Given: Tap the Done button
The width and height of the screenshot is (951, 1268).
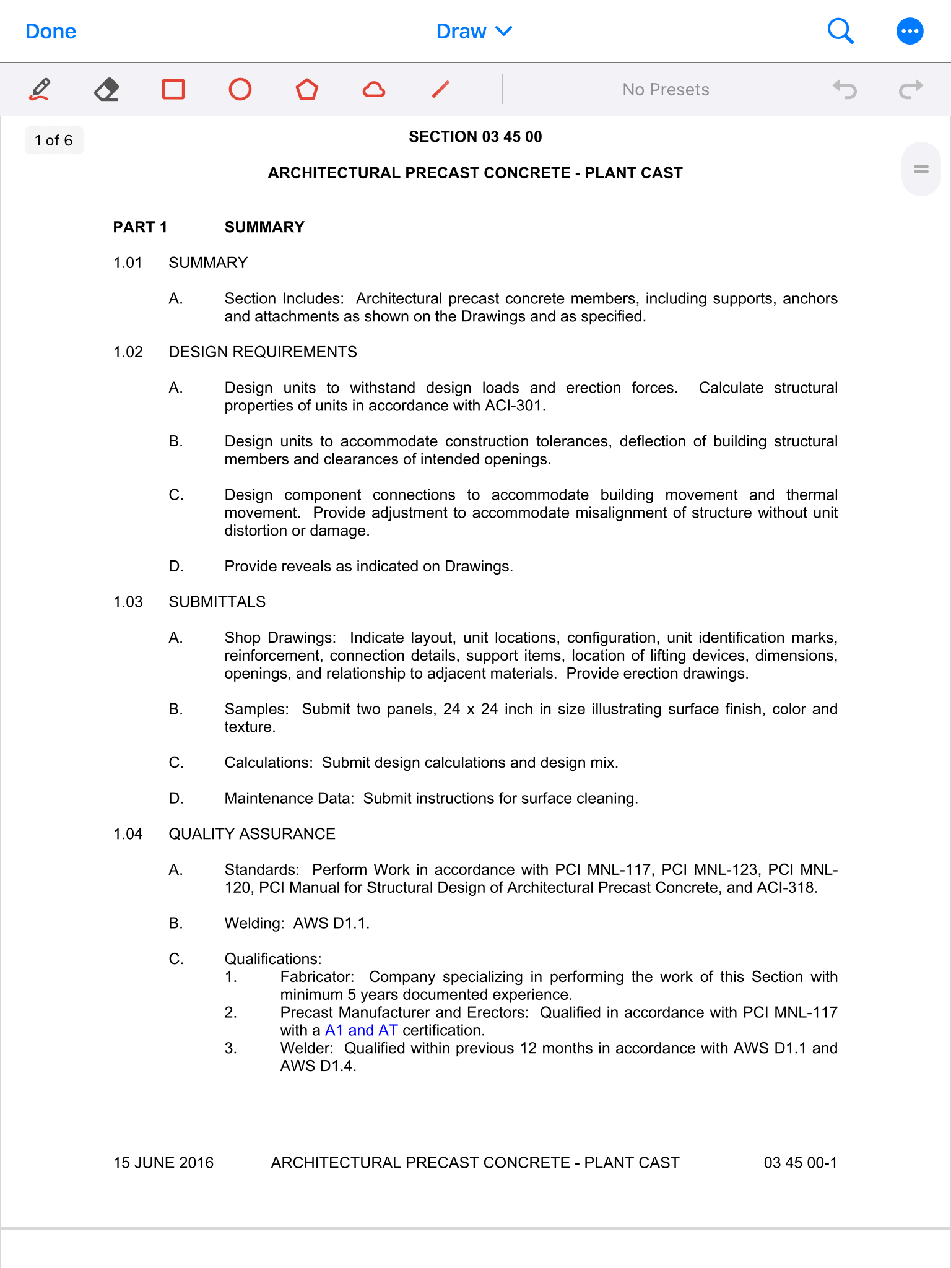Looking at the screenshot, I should click(x=51, y=31).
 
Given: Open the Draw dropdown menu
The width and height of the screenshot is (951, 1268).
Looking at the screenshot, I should click(x=474, y=31).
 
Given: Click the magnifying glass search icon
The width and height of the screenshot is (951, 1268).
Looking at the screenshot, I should click(x=840, y=31).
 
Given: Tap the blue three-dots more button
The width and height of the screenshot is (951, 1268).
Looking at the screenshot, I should click(x=910, y=31).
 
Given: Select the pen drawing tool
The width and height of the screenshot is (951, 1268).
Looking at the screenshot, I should click(x=40, y=90).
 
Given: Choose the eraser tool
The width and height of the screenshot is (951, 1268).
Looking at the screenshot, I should click(x=106, y=90).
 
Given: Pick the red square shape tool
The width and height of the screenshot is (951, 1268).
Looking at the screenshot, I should click(x=173, y=90).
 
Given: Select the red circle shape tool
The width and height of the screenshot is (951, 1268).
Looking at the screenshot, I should click(x=240, y=90).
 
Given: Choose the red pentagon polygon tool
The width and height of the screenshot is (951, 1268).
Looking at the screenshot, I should click(x=307, y=90).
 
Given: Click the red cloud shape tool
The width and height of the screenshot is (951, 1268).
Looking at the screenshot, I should click(x=374, y=90).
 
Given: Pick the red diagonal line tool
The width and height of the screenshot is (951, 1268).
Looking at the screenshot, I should click(x=440, y=90).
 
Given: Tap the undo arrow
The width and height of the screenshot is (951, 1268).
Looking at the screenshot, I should click(x=845, y=90).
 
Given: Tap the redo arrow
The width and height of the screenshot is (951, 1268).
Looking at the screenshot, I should click(x=911, y=90).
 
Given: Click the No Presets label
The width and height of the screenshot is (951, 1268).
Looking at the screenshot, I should click(x=666, y=90).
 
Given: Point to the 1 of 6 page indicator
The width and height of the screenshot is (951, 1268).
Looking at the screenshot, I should click(x=54, y=141).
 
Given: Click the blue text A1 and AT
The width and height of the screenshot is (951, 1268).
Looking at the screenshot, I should click(x=361, y=1030).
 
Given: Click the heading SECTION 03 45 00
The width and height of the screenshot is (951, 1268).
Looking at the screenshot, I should click(x=475, y=137).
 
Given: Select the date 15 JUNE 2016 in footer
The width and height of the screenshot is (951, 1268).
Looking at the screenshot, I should click(x=163, y=1163).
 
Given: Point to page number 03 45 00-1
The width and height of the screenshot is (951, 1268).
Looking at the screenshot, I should click(x=800, y=1163).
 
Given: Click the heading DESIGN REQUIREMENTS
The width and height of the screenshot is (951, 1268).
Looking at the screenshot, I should click(x=263, y=352).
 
